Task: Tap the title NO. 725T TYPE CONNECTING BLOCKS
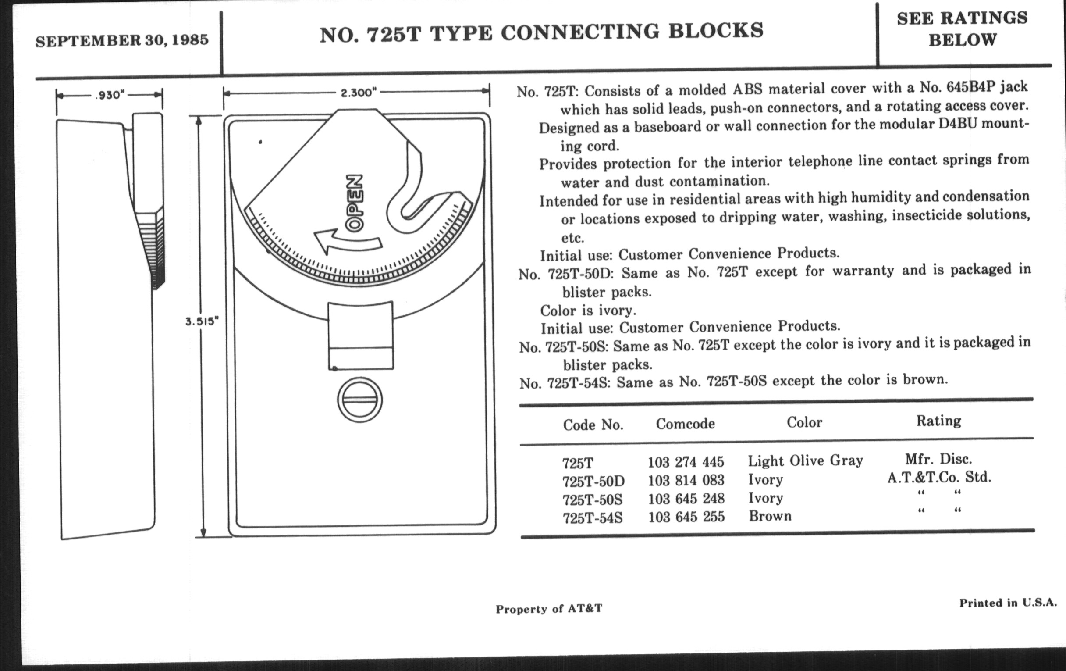tap(541, 32)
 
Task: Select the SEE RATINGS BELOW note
tap(962, 29)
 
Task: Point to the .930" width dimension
tap(110, 95)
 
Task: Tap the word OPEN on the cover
tap(354, 203)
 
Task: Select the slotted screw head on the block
tap(359, 400)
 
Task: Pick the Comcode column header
tap(685, 424)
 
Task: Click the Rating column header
tap(938, 420)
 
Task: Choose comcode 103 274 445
tap(686, 462)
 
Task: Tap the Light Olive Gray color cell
tap(805, 461)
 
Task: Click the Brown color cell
tap(770, 516)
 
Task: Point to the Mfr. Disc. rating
tap(938, 458)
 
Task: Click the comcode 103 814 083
tap(686, 480)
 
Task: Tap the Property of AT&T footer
tap(549, 609)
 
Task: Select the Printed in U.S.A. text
tap(1008, 603)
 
